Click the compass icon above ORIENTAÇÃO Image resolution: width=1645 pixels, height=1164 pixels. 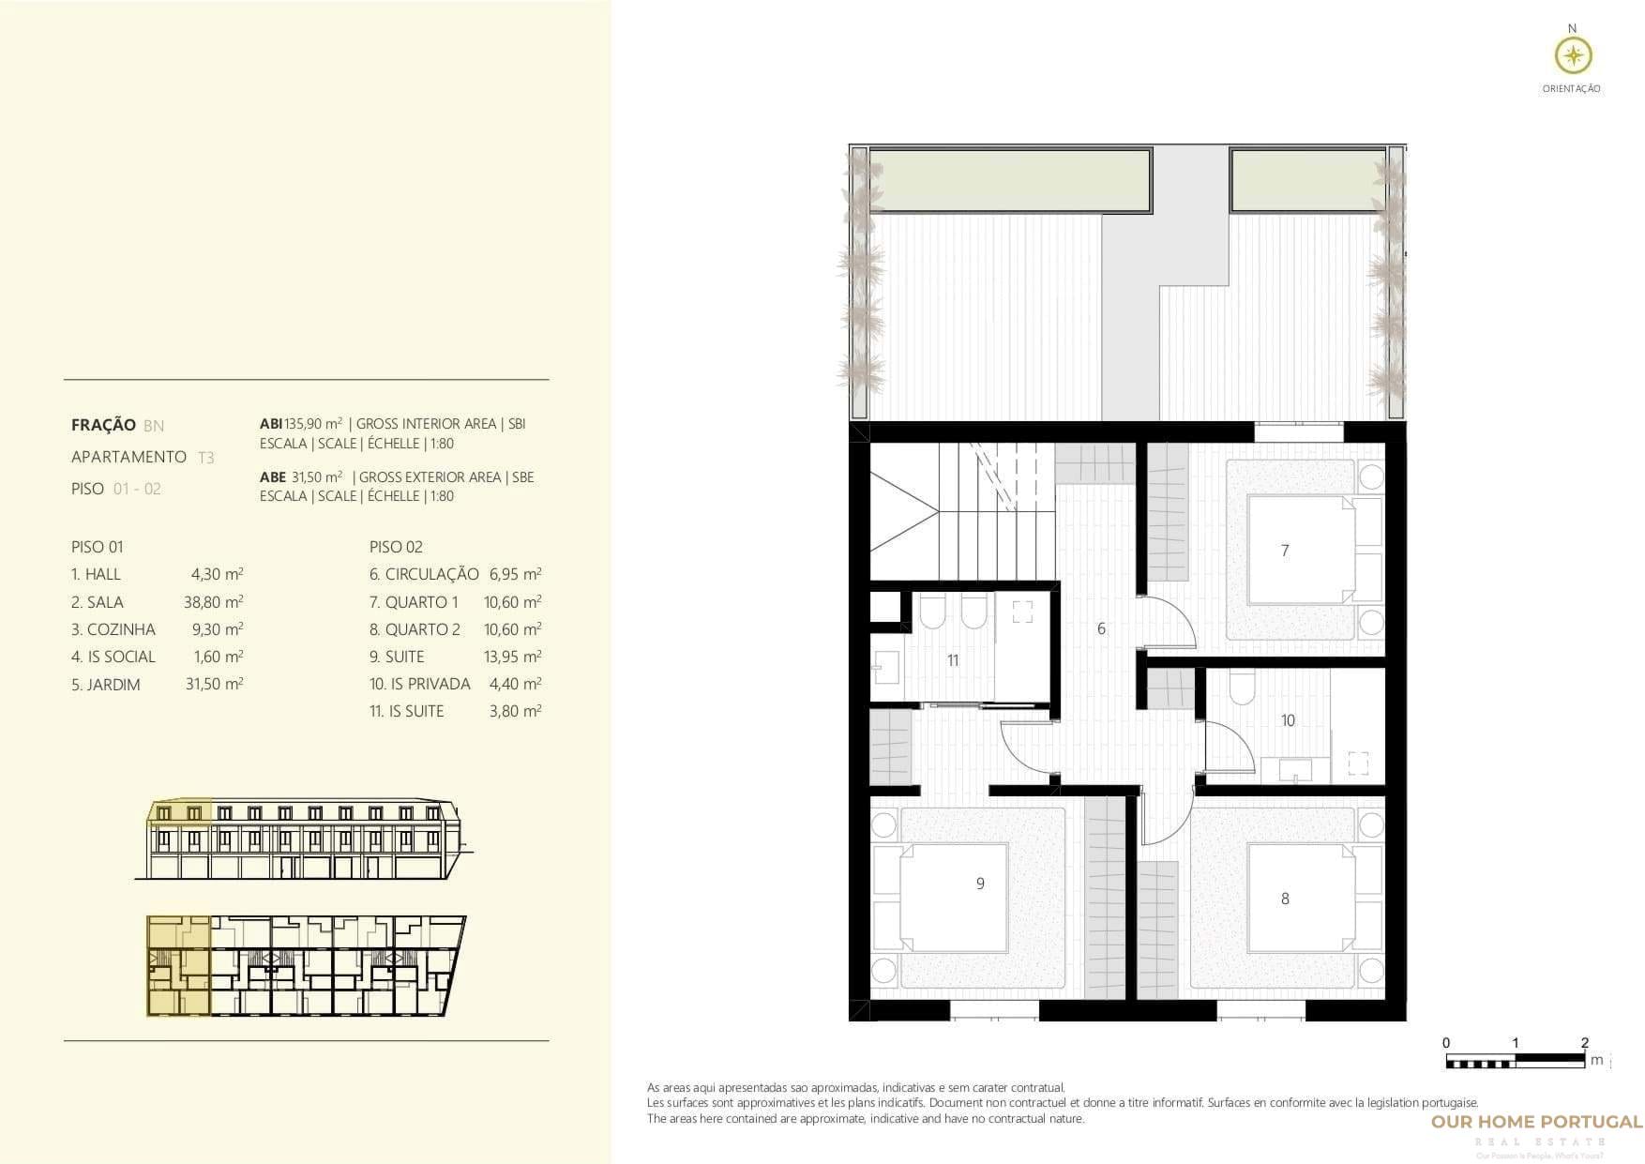coord(1573,56)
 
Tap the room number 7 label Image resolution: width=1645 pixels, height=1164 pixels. coord(1284,551)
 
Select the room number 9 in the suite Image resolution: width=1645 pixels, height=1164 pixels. coord(980,884)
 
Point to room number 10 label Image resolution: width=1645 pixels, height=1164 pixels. coord(1288,720)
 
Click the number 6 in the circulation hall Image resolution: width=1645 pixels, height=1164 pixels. coord(1101,628)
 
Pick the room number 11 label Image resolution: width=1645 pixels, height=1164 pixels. coord(952,660)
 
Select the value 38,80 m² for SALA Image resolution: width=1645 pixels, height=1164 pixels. coord(213,602)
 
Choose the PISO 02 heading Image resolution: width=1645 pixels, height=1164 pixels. coord(396,547)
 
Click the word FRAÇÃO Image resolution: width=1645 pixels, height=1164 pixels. coord(103,425)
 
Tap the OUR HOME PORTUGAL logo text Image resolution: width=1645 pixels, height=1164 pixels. coord(1536,1122)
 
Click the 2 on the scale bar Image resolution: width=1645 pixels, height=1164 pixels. coord(1584,1043)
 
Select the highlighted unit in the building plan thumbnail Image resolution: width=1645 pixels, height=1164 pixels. coord(178,967)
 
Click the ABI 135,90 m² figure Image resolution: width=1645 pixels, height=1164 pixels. coord(301,424)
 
